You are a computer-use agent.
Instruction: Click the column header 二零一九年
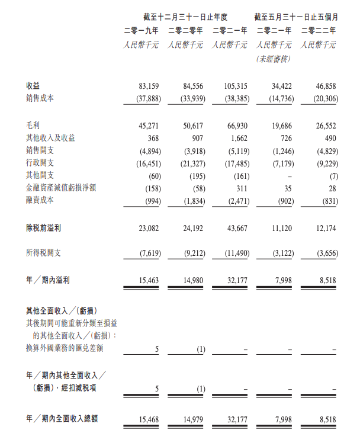point(141,30)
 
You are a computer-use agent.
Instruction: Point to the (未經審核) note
point(274,59)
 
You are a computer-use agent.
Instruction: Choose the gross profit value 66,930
point(236,126)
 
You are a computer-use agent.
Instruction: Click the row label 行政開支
point(40,162)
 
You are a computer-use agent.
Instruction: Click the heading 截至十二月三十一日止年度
point(185,16)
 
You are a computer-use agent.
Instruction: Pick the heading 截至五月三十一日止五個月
point(295,16)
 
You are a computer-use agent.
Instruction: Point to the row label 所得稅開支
point(43,253)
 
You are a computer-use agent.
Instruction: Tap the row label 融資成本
point(40,200)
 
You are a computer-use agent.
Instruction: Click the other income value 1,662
point(239,138)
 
